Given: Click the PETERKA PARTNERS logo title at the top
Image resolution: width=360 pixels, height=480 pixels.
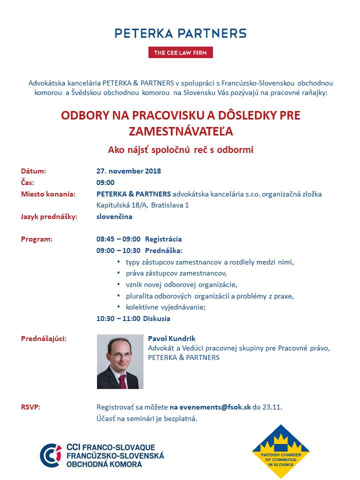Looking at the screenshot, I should (x=180, y=33).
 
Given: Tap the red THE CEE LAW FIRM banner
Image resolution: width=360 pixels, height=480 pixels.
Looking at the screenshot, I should (x=180, y=52).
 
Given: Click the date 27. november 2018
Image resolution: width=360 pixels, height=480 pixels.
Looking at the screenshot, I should (x=128, y=171).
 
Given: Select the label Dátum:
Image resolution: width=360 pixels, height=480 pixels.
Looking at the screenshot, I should (x=33, y=171).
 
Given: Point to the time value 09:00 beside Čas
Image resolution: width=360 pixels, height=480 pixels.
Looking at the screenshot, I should (x=105, y=182).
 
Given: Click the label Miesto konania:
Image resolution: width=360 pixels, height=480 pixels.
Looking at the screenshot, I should (x=48, y=194).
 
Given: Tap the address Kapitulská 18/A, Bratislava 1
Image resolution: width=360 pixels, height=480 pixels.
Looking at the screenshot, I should (x=142, y=205).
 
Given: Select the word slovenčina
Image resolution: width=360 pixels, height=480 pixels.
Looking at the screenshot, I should (x=114, y=217).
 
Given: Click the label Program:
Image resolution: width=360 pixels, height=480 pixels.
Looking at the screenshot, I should (x=36, y=239).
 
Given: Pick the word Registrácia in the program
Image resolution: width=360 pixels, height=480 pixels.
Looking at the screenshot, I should (x=163, y=239).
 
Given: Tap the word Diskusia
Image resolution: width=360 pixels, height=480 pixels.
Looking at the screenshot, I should (x=156, y=318).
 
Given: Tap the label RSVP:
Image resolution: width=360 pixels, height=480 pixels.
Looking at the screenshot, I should (x=30, y=407).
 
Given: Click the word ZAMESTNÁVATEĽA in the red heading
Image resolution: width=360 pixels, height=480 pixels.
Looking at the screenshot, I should (x=180, y=131).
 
